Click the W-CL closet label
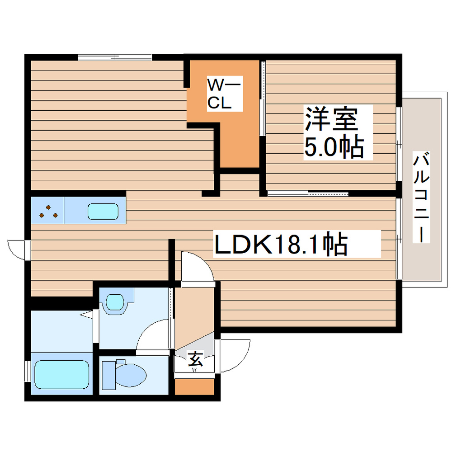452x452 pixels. coord(219,93)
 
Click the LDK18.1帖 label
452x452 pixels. coord(280,245)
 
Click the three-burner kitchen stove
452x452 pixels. coord(47,211)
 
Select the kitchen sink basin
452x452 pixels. coord(103,211)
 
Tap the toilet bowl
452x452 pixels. coord(128,375)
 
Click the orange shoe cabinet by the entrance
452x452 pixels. coord(194,386)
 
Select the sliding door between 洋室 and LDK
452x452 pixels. coord(308,194)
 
